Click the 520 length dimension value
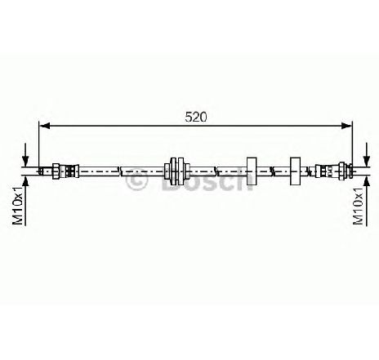(196, 117)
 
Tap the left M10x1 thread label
(18, 206)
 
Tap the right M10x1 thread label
(358, 206)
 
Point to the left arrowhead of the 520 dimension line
(45, 126)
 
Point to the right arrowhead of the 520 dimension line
(346, 126)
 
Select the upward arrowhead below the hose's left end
(25, 182)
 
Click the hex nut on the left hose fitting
(56, 171)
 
